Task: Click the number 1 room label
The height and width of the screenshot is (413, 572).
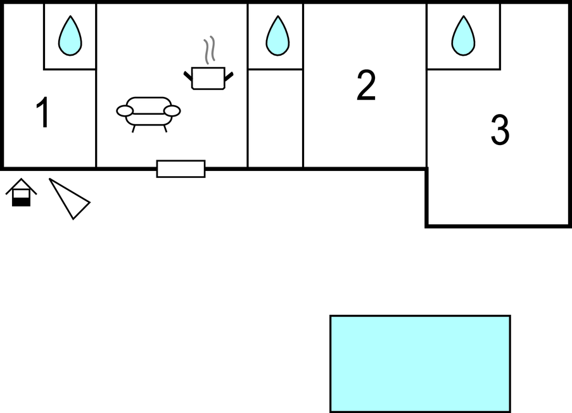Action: coord(43,114)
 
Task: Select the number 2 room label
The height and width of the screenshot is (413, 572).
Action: coord(366,86)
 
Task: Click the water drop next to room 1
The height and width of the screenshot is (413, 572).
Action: coord(70,36)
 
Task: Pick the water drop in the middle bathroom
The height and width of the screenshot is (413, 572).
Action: coord(276,36)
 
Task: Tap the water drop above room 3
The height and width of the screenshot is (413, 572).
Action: coord(463,36)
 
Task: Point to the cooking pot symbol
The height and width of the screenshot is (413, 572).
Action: coord(208,78)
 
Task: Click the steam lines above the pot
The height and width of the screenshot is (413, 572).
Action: coord(209,49)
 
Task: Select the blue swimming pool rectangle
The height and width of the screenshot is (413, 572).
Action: coord(420,364)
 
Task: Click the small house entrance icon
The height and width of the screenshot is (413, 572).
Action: coord(22,193)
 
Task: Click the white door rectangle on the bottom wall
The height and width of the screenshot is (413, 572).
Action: coord(181,168)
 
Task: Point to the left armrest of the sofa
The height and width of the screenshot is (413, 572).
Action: coord(125,111)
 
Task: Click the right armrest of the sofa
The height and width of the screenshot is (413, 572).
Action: coord(172,111)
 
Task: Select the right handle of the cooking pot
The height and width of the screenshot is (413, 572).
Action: coord(229,77)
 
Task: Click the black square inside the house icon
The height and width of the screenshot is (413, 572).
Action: coord(22,201)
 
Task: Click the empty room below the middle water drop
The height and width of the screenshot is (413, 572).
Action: coord(275,118)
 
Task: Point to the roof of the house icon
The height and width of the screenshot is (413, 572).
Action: coord(22,184)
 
